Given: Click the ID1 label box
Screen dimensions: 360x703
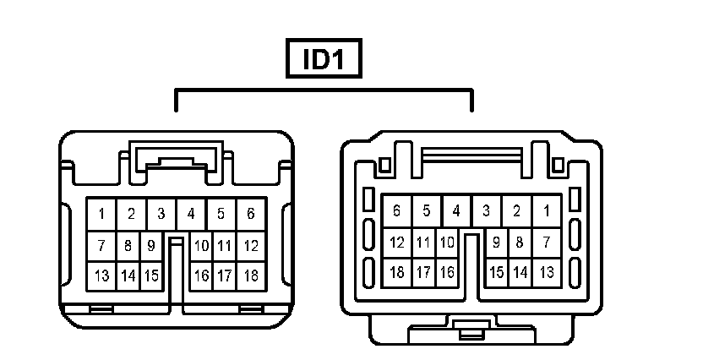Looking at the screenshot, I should pos(324,59).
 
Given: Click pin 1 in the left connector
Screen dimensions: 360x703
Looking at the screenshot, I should pos(101,214).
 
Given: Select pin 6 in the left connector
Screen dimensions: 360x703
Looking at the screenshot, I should pos(251,214).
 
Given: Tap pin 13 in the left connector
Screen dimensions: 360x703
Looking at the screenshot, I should pos(101,275).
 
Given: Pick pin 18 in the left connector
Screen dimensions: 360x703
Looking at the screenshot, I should pos(251,275).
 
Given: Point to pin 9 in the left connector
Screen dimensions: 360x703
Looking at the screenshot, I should pos(151,246).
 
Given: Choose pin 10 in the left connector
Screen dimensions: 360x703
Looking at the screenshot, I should pos(201,246).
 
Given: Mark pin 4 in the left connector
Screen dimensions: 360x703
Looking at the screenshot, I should pos(191,214).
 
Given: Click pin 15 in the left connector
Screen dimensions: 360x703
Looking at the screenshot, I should pos(151,275).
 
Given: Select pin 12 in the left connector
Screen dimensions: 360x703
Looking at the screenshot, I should pos(251,246).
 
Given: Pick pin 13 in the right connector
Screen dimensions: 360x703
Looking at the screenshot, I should pos(547,272).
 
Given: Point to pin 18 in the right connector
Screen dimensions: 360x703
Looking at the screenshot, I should pos(397,272).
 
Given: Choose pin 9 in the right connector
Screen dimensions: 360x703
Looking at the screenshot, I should pos(497,243).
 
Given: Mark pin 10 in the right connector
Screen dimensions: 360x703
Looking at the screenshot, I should pos(447,243).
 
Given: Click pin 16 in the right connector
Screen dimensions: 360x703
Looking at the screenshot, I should pos(447,272).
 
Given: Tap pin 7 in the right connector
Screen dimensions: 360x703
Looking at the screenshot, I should pos(547,243).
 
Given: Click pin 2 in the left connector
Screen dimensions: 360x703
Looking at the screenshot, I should pos(131,214).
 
